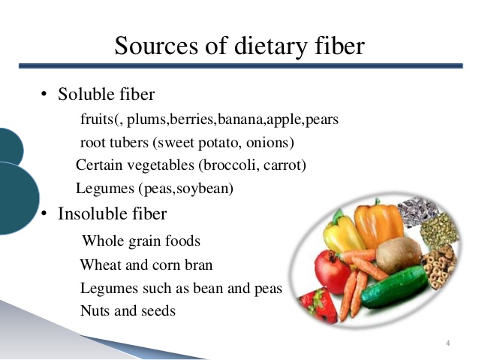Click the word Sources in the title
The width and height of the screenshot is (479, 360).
click(x=156, y=45)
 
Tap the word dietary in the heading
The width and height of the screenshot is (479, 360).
click(x=271, y=47)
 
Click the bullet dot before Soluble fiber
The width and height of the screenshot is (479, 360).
click(x=44, y=94)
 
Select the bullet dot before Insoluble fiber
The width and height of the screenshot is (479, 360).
click(x=44, y=213)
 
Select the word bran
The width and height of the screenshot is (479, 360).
click(x=198, y=265)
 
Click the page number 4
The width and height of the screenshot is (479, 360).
click(x=447, y=343)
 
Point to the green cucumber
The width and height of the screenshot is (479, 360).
click(x=395, y=286)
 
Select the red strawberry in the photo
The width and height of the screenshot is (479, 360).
click(x=318, y=305)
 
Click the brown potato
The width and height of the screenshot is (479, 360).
click(x=399, y=255)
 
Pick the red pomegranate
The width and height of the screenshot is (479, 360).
click(x=332, y=271)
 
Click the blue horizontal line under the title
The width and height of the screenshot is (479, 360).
click(x=241, y=65)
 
